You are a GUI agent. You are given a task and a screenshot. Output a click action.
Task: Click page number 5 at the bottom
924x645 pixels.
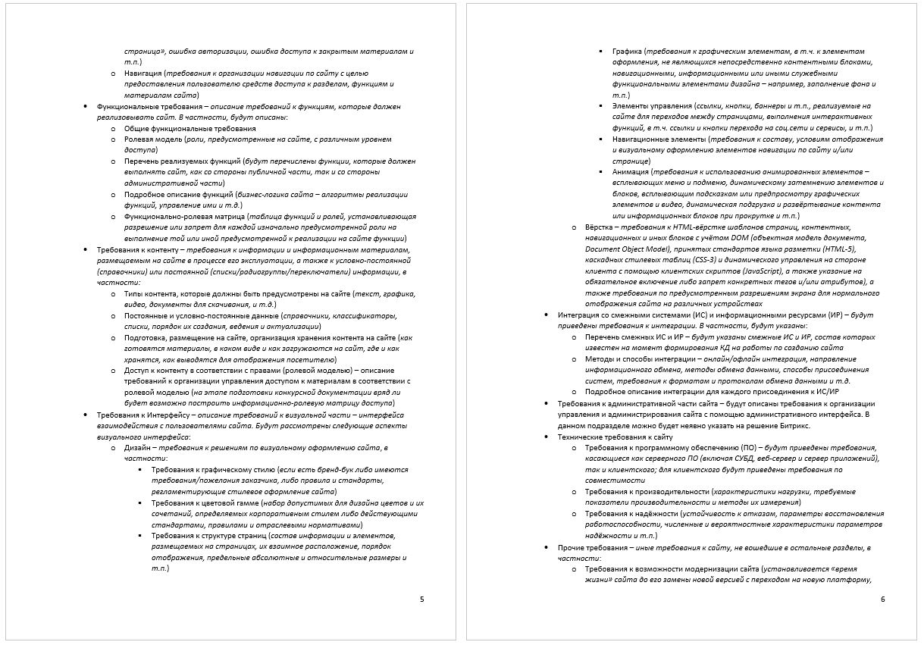click(422, 600)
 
